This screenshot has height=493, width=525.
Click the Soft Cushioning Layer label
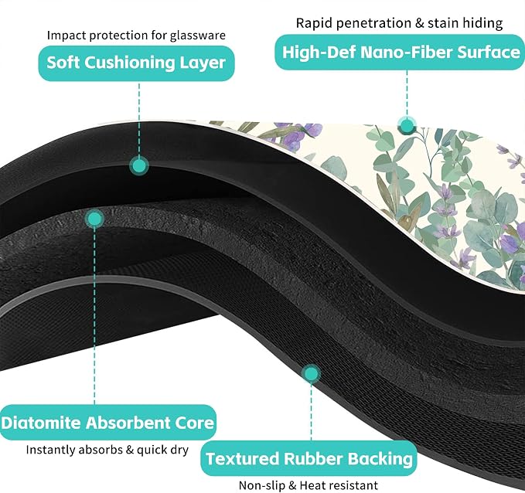point(136,63)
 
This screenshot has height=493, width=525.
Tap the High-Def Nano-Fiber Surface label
point(400,53)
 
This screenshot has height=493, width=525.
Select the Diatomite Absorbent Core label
point(107,423)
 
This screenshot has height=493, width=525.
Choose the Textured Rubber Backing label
point(309,458)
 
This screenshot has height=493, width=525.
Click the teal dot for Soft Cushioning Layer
point(139,165)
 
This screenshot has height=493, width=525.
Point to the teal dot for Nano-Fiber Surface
point(407,126)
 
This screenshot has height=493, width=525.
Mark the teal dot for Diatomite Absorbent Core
point(94,219)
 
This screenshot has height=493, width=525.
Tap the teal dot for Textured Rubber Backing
point(312,373)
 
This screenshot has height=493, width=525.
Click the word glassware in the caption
point(198,36)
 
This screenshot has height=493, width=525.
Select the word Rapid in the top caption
point(315,23)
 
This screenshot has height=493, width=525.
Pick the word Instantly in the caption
point(51,450)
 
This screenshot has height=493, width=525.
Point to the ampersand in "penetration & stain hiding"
point(419,23)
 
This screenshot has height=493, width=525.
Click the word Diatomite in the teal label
point(41,423)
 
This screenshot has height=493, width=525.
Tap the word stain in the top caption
point(443,23)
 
